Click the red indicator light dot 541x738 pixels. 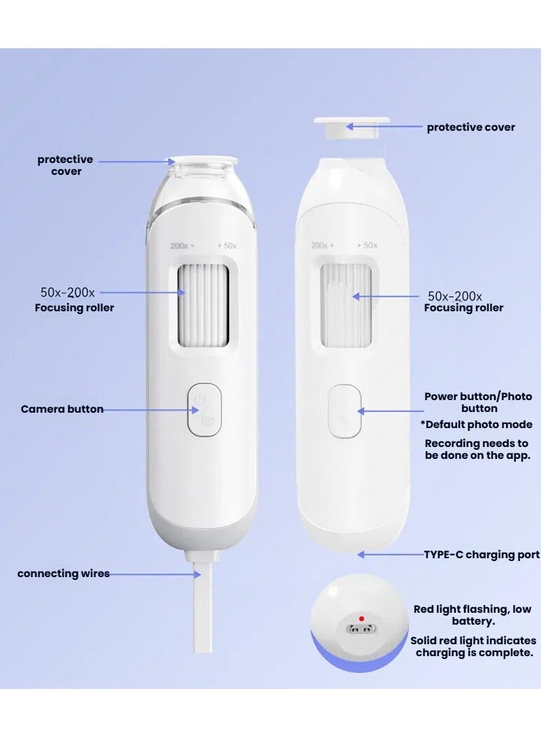(x=361, y=618)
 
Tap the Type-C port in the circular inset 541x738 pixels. (x=361, y=629)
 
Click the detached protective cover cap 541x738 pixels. (x=333, y=126)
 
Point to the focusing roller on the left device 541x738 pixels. (x=203, y=305)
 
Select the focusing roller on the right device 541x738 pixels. (x=345, y=306)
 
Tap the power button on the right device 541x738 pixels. (x=345, y=411)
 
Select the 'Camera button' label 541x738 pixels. (x=62, y=409)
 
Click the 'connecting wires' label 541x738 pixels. (x=64, y=574)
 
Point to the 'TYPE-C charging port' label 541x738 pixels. (x=482, y=555)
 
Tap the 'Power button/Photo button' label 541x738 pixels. (x=478, y=402)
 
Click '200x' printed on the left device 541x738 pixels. (x=180, y=246)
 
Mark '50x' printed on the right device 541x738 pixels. (x=370, y=246)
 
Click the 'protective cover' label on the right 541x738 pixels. (x=470, y=127)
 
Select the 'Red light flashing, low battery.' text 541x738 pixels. (x=473, y=615)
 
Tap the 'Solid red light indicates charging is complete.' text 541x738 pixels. (x=473, y=646)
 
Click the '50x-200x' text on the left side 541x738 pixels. (x=67, y=293)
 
